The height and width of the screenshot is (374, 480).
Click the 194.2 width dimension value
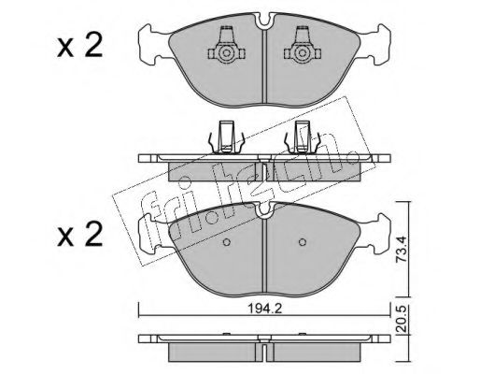[264, 309]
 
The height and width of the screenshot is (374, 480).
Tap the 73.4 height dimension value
[402, 249]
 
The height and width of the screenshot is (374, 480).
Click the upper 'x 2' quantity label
[80, 46]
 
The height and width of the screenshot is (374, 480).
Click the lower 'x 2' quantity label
[80, 235]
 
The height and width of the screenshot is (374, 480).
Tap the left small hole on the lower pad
[227, 242]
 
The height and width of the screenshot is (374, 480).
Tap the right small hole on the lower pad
[302, 242]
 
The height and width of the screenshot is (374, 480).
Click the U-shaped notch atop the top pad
[264, 22]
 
